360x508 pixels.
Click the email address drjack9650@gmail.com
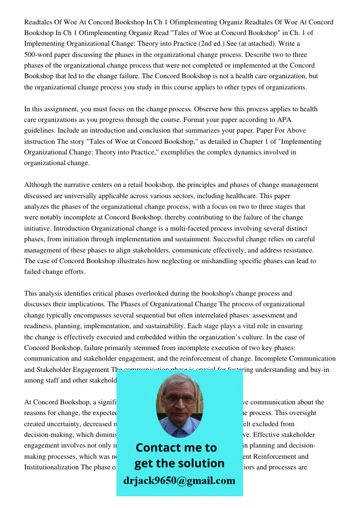click(x=179, y=481)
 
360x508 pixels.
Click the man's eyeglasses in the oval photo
click(x=180, y=399)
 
